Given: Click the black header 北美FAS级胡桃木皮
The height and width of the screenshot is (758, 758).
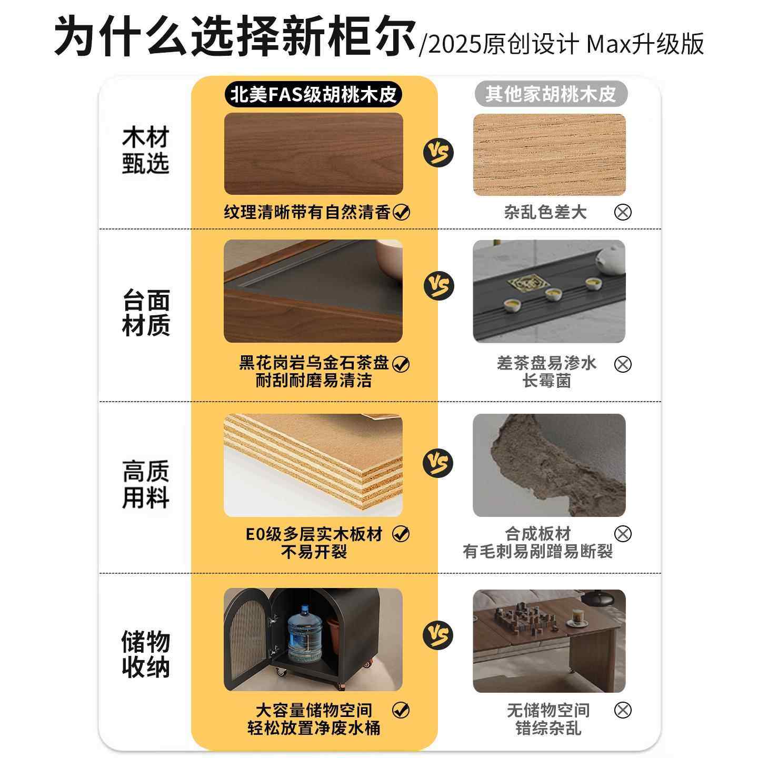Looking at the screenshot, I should pos(314,95).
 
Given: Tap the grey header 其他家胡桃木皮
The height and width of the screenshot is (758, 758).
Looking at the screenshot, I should pos(550,95).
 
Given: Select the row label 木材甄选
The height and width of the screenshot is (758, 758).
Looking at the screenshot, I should pos(146,151).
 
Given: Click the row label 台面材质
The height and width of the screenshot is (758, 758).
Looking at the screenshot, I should pos(146,313).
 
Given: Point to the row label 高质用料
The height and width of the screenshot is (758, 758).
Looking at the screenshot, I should pos(146,485).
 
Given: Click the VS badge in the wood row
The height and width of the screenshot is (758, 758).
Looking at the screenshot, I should pos(438,153).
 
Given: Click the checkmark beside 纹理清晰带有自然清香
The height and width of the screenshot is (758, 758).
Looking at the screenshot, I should pos(402,212).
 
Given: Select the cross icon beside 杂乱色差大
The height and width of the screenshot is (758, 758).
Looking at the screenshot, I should pos(623,212).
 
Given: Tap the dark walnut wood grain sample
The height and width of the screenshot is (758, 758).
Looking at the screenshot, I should pos(313,153).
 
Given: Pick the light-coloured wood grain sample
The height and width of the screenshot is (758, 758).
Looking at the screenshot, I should pos(549,155).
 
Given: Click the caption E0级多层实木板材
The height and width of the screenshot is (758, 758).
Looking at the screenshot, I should pos(314,534).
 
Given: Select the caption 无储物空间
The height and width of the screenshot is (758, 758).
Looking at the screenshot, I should pos(548,711).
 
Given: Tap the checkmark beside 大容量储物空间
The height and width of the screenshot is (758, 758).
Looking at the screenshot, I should pos(401,710).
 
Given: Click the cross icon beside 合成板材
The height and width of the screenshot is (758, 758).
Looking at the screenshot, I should pos(623,534).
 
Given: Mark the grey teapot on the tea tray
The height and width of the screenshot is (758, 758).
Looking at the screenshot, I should pos(611,261).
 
